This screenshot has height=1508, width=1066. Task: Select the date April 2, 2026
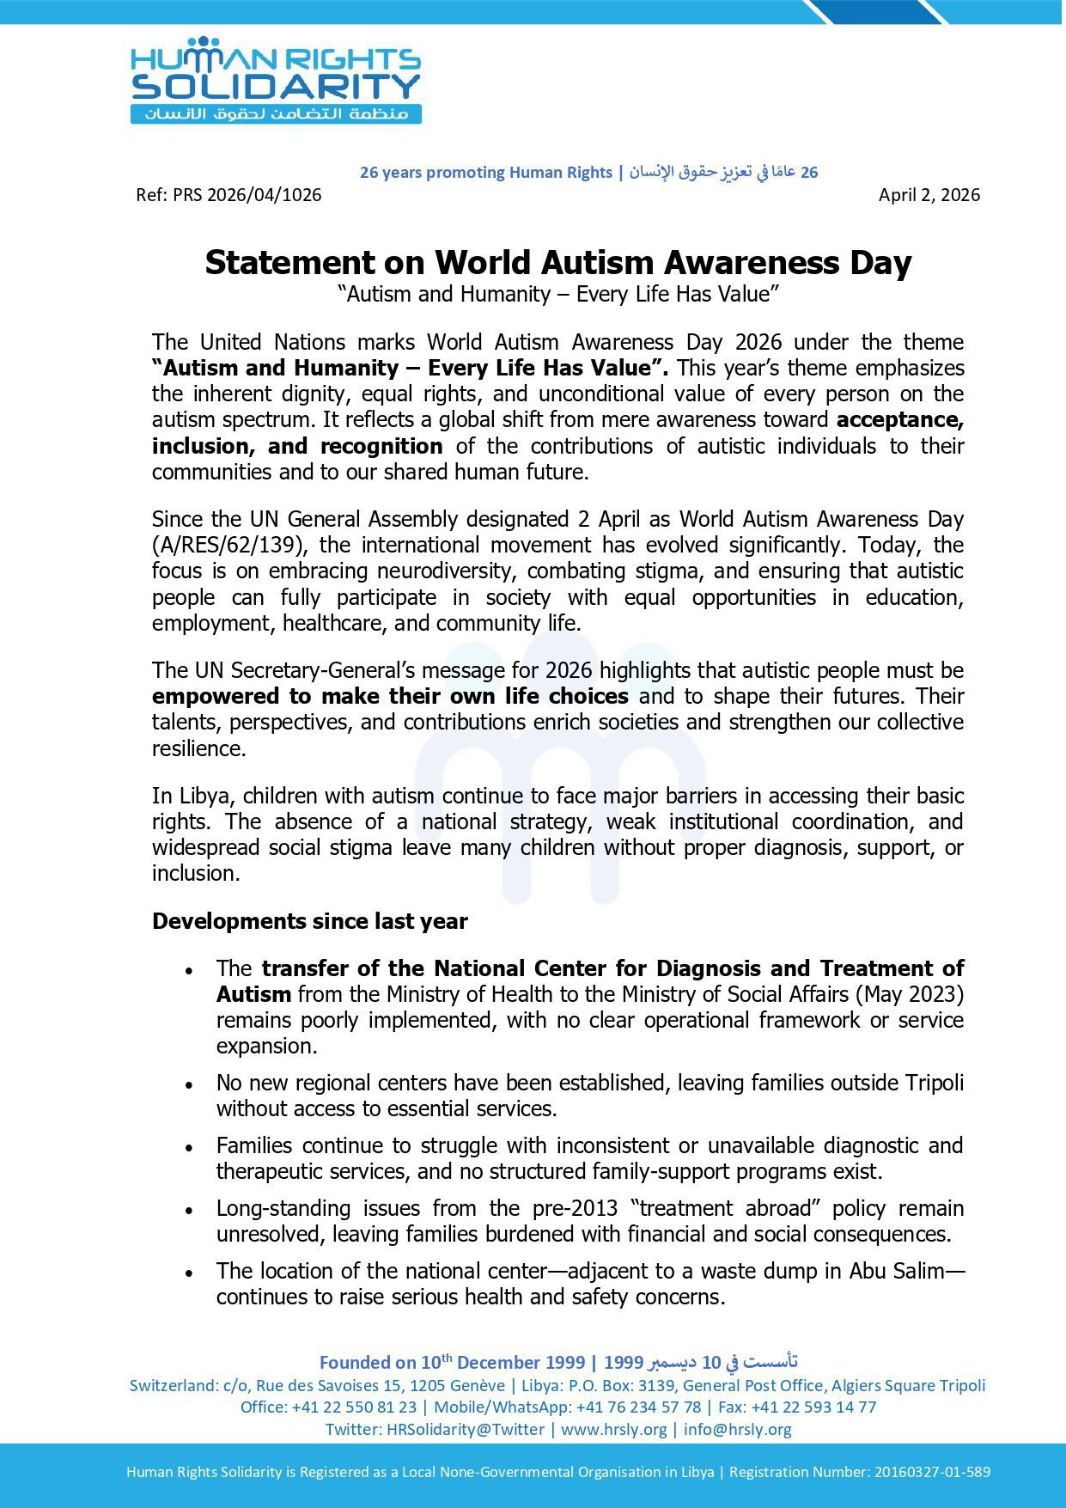929,195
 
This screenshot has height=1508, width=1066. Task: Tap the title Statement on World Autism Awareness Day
558,262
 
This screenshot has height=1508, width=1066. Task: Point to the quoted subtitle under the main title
558,295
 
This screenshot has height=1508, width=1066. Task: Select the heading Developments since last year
310,922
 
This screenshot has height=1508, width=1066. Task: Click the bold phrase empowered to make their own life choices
390,697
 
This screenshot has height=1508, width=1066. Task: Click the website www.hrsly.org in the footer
613,1429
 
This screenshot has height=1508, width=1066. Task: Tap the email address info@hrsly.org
738,1429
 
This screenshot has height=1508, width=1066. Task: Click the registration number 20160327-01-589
932,1472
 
